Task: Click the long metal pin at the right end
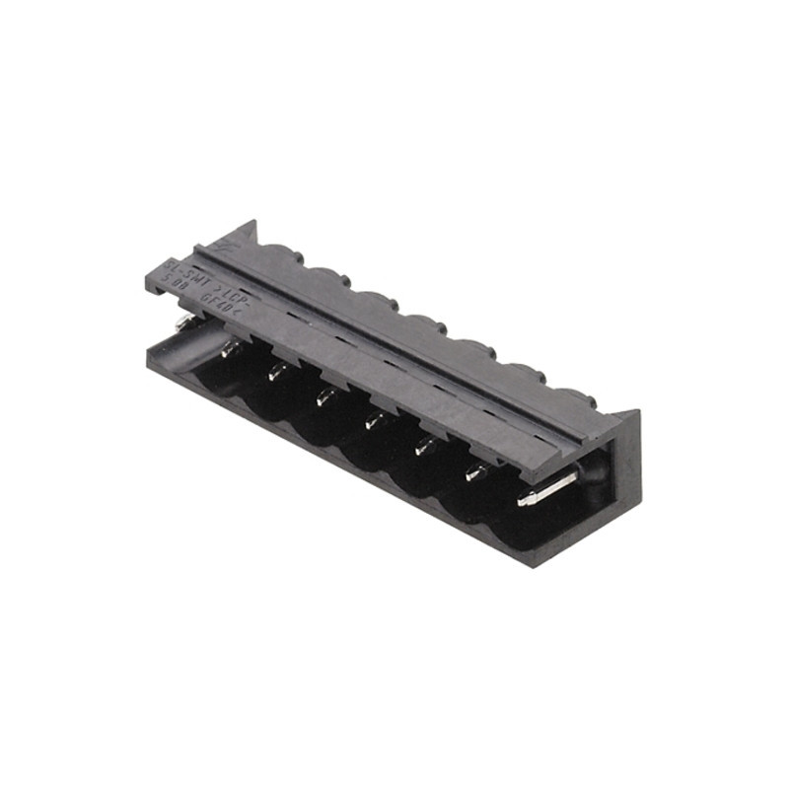click(544, 492)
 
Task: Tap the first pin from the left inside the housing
click(230, 348)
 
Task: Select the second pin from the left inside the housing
click(277, 372)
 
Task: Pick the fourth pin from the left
click(374, 421)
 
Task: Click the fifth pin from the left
click(425, 446)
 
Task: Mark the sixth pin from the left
click(476, 471)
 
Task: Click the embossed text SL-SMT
click(184, 267)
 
